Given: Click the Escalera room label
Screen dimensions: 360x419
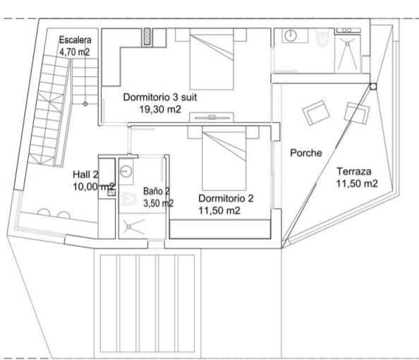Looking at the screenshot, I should (x=74, y=40).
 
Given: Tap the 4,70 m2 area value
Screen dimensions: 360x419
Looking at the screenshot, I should (x=74, y=52).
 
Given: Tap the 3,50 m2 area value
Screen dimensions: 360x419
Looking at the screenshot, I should (x=158, y=203).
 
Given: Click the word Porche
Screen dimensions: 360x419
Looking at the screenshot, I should (x=306, y=152).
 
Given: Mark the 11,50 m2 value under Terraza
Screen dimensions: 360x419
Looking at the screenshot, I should (x=356, y=183).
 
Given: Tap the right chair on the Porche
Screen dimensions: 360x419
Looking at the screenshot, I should (x=351, y=113).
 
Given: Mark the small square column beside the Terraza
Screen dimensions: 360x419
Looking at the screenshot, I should (x=373, y=87).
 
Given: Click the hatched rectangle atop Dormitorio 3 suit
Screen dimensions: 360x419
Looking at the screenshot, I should (x=148, y=37).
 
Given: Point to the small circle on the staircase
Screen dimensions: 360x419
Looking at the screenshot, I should (x=85, y=104).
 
